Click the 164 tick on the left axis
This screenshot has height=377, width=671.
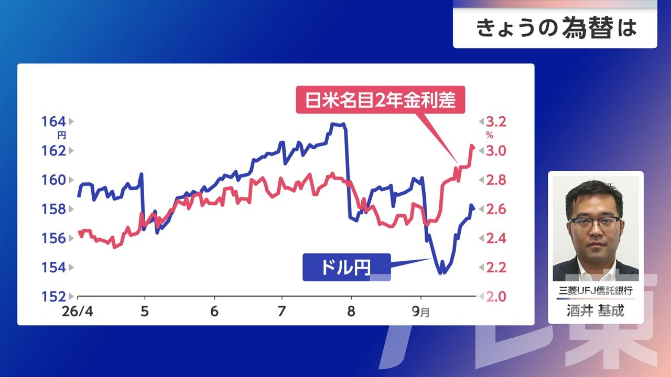coord(53,122)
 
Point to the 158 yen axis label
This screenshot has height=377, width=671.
coord(53,209)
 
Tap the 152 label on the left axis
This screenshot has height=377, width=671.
coord(53,296)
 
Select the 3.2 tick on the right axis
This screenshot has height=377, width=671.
coord(496,122)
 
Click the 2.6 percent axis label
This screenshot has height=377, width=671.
coord(496,209)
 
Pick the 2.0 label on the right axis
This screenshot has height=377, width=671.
coord(496,296)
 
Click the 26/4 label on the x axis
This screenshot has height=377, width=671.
coord(77,312)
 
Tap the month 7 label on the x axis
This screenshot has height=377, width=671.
coord(282,312)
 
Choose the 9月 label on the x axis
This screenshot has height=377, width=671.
coord(420,312)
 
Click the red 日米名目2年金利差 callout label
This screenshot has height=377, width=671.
coord(381,99)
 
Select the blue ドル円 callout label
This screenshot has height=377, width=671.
coord(347,267)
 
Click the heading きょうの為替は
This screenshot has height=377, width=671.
coord(556,28)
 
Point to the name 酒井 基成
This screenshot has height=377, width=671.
coord(596,311)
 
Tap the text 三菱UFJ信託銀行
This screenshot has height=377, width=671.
coord(596,291)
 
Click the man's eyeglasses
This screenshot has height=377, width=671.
coord(594,223)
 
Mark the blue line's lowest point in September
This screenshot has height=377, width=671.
coord(440,273)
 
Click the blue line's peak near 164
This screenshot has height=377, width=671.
coord(337,124)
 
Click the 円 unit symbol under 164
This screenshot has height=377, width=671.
coord(61,136)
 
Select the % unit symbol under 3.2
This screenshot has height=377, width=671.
coord(490,136)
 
